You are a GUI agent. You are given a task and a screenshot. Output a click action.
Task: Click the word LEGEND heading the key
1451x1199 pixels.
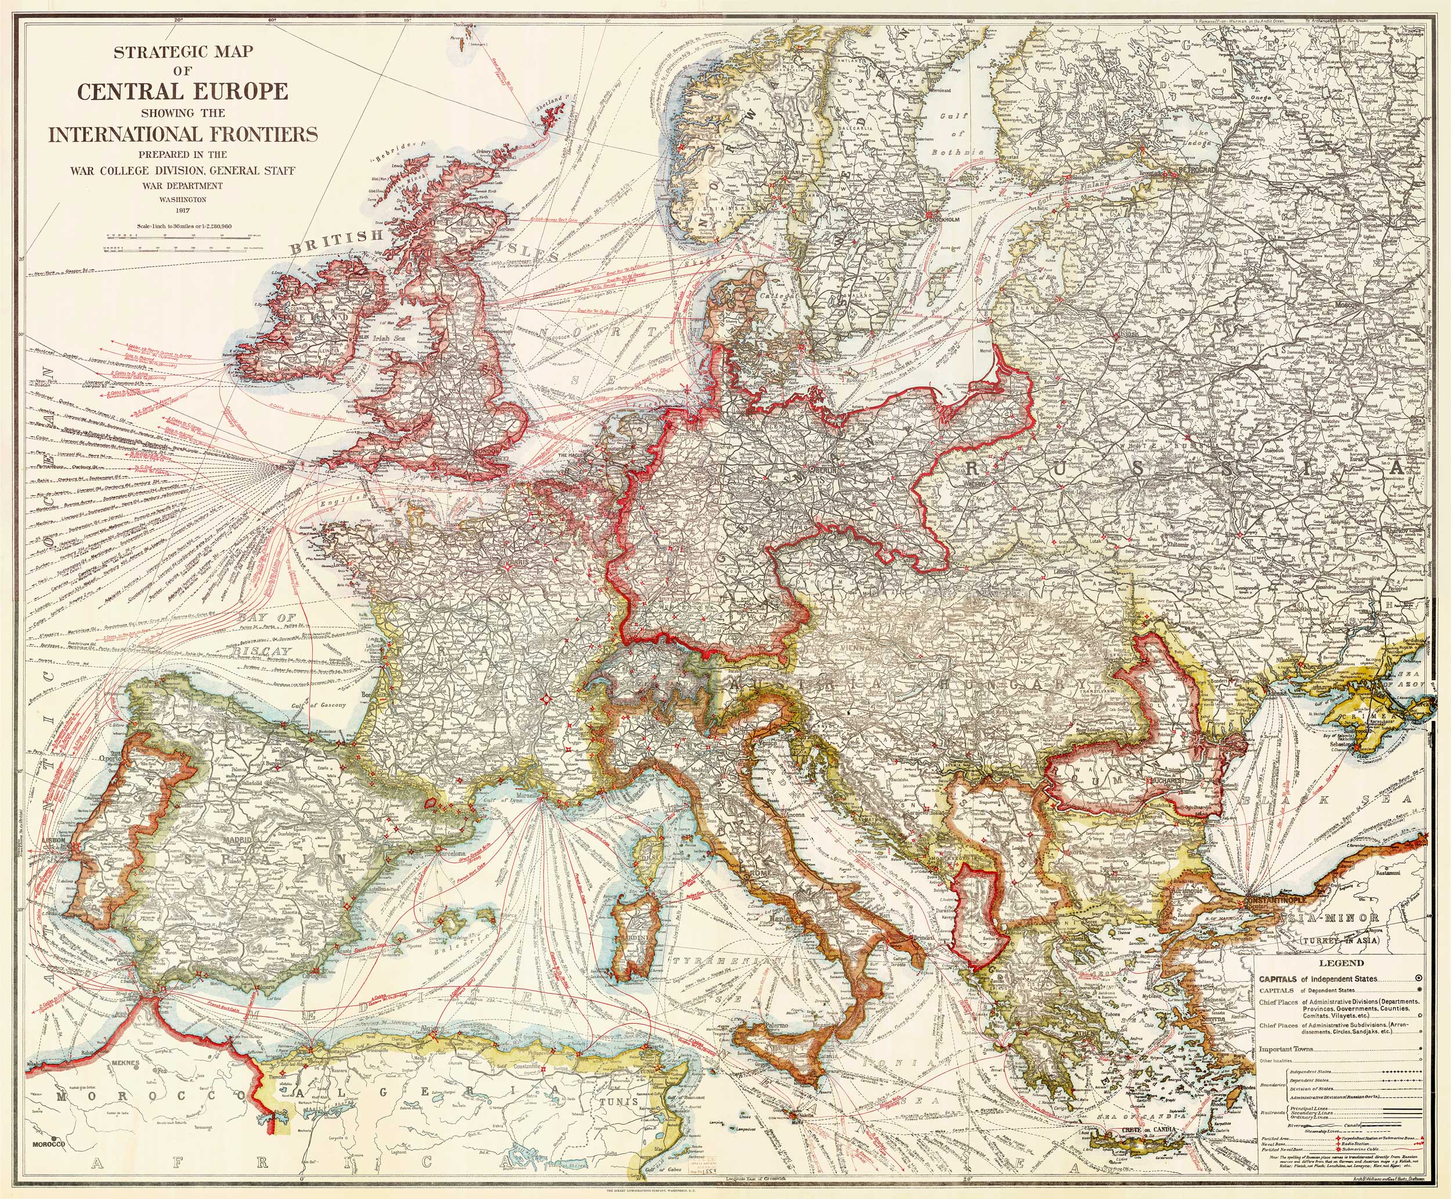click(1341, 963)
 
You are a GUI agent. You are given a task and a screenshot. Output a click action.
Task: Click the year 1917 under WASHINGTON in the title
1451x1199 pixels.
click(182, 210)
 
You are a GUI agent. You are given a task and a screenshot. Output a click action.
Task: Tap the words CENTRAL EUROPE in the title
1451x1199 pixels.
click(182, 91)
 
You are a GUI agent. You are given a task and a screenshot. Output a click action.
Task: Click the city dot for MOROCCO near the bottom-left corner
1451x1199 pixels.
click(53, 1137)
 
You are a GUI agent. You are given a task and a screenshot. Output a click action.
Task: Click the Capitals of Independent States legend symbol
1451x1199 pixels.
click(1418, 978)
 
